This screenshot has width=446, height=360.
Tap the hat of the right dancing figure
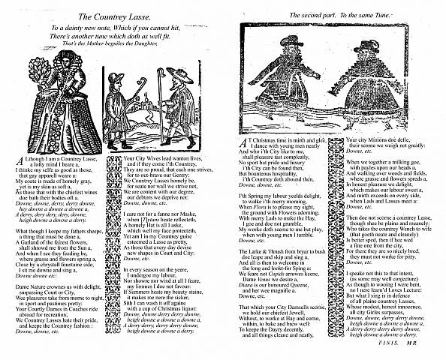(367, 46)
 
